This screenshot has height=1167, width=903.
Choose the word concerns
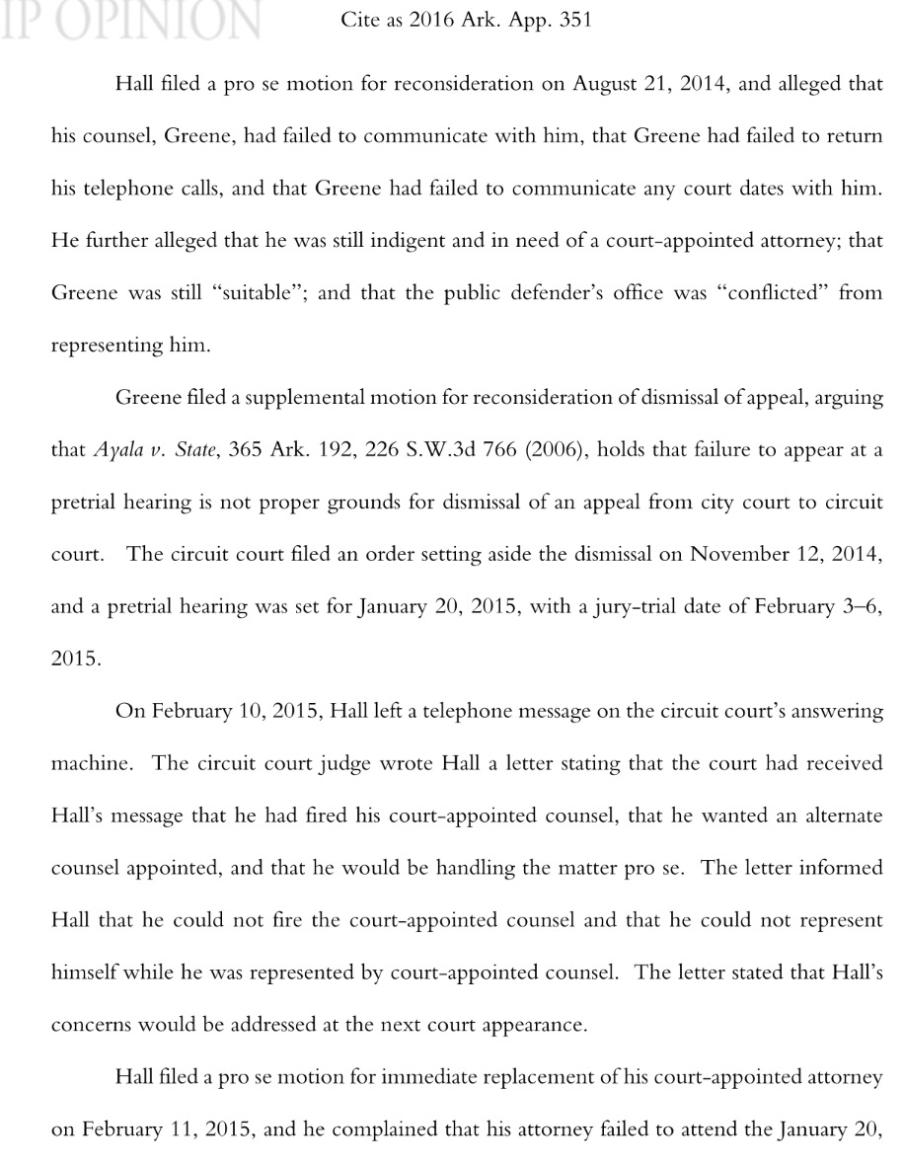[x=90, y=1024]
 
